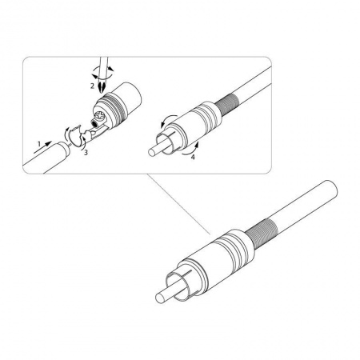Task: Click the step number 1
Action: [x=39, y=144]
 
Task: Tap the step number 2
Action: [x=93, y=86]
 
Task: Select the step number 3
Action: [x=86, y=153]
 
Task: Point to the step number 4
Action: [x=193, y=157]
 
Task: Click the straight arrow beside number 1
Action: [x=42, y=147]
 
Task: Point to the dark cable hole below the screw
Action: [x=94, y=124]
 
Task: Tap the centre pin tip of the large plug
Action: [x=159, y=298]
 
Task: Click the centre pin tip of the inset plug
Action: [x=151, y=152]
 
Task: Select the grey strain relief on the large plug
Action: [x=261, y=234]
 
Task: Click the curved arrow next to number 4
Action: [x=190, y=149]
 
